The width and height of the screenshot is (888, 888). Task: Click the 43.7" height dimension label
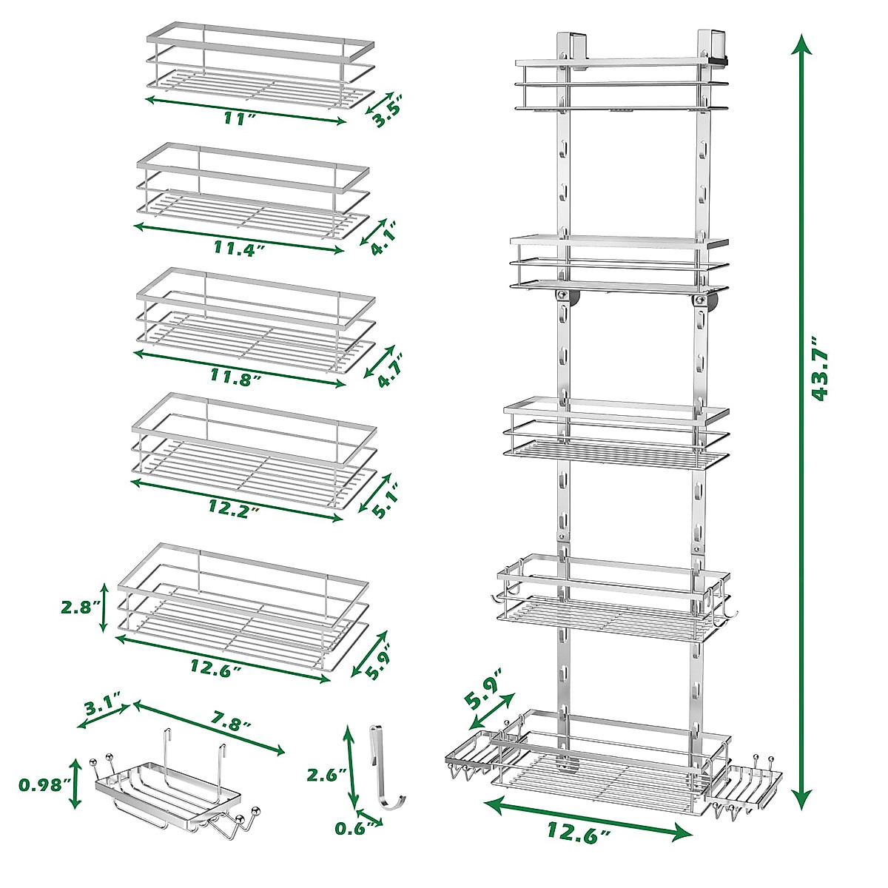(820, 369)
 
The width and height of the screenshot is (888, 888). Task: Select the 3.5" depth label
(387, 110)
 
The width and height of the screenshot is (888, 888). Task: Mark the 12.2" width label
(235, 511)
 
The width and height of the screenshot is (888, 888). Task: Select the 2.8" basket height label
(80, 607)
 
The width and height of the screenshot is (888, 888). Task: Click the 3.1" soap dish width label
(103, 709)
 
